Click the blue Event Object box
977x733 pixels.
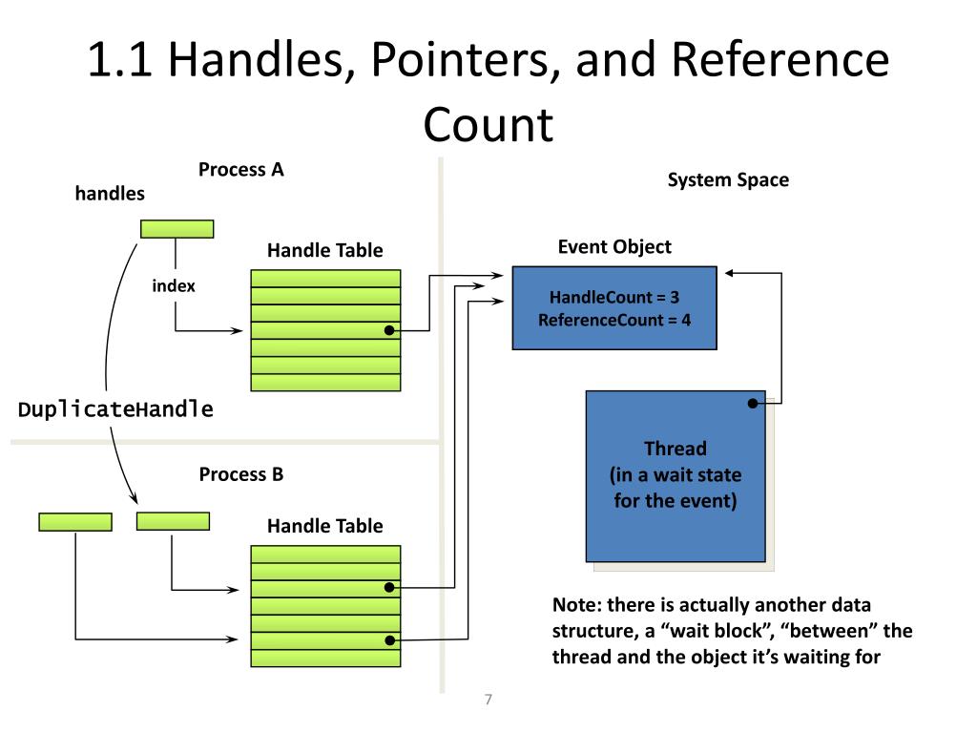[614, 307]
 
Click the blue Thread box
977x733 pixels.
[675, 475]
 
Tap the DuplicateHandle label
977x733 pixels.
[116, 409]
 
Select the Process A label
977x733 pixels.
[241, 170]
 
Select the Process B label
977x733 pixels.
[241, 474]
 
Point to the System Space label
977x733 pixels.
[728, 180]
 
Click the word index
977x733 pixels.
[174, 285]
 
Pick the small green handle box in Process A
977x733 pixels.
[177, 229]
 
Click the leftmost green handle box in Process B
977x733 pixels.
[75, 522]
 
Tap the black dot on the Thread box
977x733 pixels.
[753, 404]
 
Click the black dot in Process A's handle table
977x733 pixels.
[389, 331]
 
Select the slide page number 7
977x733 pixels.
[488, 701]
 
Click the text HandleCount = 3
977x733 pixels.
[614, 298]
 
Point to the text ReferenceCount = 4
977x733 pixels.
[614, 320]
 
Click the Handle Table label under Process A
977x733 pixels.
[324, 251]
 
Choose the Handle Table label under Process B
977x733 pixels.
[324, 526]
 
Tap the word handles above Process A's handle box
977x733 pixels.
[110, 194]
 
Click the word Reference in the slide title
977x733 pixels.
[780, 60]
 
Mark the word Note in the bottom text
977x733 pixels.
[574, 605]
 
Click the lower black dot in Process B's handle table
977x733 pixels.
[389, 640]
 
